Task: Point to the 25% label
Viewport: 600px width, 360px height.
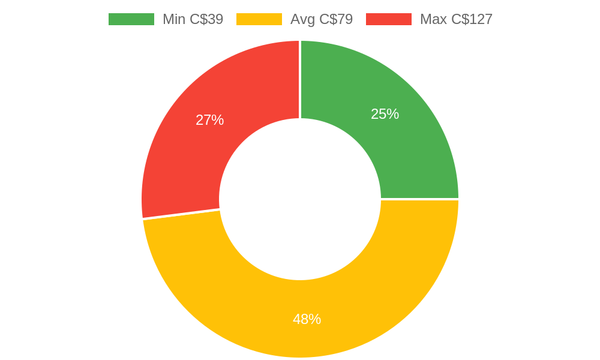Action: point(385,114)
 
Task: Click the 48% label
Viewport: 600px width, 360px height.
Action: point(307,319)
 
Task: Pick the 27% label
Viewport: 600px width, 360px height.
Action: point(209,120)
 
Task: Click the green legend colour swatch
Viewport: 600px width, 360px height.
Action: point(131,19)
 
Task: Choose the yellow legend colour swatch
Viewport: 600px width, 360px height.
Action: point(259,19)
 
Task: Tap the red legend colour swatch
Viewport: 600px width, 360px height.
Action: point(388,19)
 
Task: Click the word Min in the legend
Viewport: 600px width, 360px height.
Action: point(174,19)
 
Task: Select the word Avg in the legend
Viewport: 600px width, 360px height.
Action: point(302,19)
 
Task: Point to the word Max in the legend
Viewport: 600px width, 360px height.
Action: point(433,19)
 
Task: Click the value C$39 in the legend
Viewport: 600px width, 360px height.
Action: point(206,19)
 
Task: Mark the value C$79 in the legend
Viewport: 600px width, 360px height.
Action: point(336,19)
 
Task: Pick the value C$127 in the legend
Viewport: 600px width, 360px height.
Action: point(472,19)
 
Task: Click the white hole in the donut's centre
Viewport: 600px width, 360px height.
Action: point(300,199)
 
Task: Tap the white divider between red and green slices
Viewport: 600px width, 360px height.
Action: point(300,78)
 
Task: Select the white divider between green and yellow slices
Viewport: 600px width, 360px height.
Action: point(420,199)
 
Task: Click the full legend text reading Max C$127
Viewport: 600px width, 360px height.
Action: point(456,19)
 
